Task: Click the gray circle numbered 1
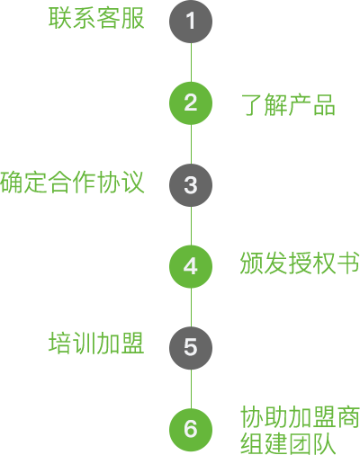(191, 22)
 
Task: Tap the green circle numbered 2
(191, 103)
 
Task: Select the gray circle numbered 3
(191, 185)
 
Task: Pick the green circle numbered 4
(191, 266)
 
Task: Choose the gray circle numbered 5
(191, 348)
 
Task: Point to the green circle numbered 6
(191, 430)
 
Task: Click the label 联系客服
(96, 18)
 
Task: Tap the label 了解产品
(288, 104)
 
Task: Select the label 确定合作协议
(72, 182)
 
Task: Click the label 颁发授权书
(300, 263)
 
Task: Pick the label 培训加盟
(96, 343)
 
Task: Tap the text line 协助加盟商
(300, 417)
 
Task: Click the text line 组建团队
(288, 443)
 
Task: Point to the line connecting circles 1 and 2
(191, 62)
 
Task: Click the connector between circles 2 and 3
(191, 144)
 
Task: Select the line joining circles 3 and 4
(191, 226)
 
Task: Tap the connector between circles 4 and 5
(191, 308)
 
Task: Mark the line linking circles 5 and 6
(191, 389)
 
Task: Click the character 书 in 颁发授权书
(348, 263)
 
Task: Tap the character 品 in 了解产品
(324, 105)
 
